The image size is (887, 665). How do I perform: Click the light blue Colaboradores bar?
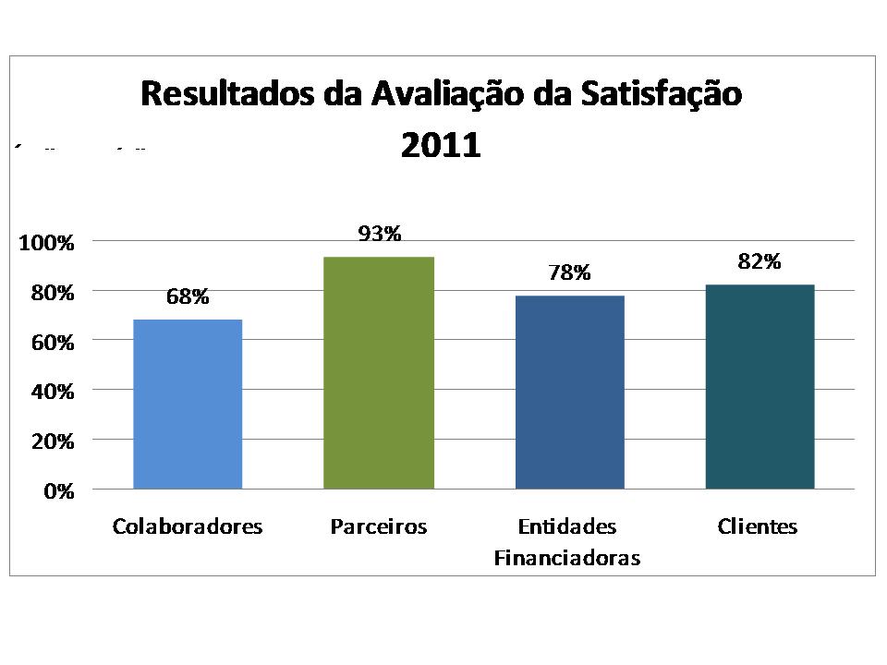pos(188,404)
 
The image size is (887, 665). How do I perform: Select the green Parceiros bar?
pos(379,372)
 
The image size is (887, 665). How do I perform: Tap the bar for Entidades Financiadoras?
pos(569,392)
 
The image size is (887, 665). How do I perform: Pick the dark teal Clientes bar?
pos(759,386)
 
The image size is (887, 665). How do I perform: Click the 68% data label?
pos(188,296)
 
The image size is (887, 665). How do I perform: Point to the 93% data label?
pos(380,234)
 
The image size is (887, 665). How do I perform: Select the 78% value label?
pos(568,272)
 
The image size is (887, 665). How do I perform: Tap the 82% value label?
pos(759,261)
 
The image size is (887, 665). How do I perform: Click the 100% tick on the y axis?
pos(45,243)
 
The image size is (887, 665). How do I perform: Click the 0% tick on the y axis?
pos(58,491)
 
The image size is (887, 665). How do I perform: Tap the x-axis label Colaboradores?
pos(188,527)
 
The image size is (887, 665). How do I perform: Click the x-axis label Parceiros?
pos(379,527)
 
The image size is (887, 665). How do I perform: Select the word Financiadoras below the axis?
pos(567,558)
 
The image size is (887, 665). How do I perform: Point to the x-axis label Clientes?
pos(758,527)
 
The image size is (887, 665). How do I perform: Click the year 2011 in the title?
pos(441,147)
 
